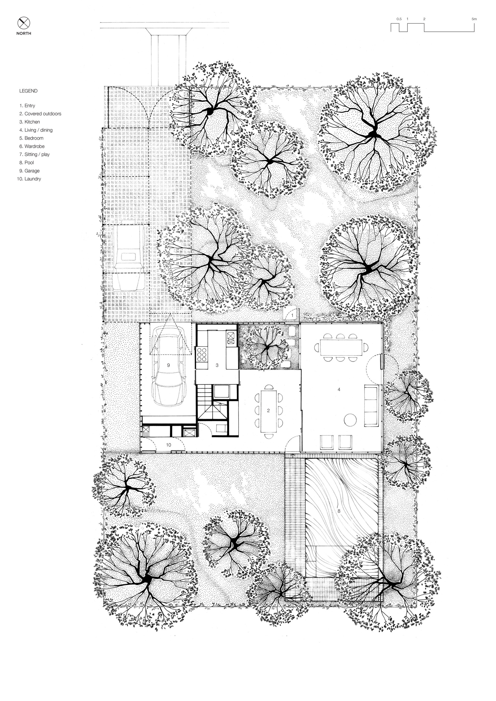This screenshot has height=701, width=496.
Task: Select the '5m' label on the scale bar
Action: point(474,19)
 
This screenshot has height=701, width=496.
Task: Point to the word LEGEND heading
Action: point(29,91)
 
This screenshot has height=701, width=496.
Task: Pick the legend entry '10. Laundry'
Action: point(29,179)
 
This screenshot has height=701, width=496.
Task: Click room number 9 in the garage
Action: point(168,365)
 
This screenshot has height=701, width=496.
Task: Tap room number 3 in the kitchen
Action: point(217,365)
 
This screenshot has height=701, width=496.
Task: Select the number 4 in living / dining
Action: point(339,390)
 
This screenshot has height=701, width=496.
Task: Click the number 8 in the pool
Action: point(339,511)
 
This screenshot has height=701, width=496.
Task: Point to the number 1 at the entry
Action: point(292,315)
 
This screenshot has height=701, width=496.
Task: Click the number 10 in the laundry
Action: point(169,445)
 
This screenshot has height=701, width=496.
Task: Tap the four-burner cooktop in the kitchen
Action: point(202,354)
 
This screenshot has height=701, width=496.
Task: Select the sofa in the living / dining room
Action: point(372,406)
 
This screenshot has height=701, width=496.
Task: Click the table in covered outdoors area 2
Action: point(269,411)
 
